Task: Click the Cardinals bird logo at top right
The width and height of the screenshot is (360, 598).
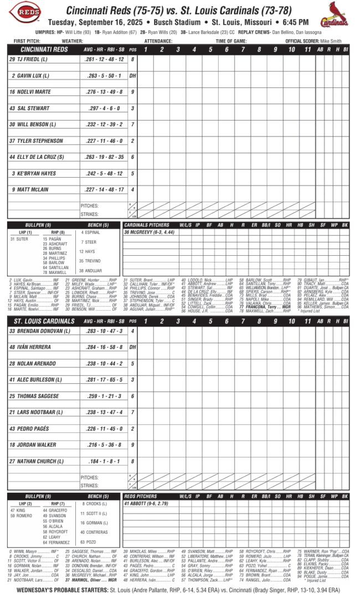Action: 336,14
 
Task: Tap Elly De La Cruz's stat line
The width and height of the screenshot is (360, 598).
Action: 105,157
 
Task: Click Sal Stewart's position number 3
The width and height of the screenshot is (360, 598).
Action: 132,109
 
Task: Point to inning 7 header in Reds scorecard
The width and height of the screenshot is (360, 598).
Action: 243,49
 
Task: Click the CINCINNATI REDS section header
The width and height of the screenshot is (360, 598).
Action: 41,49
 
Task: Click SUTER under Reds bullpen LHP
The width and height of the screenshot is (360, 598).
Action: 20,239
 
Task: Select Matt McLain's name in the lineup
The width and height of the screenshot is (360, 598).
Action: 28,190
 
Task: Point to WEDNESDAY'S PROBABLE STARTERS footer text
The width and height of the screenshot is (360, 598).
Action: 61,591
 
